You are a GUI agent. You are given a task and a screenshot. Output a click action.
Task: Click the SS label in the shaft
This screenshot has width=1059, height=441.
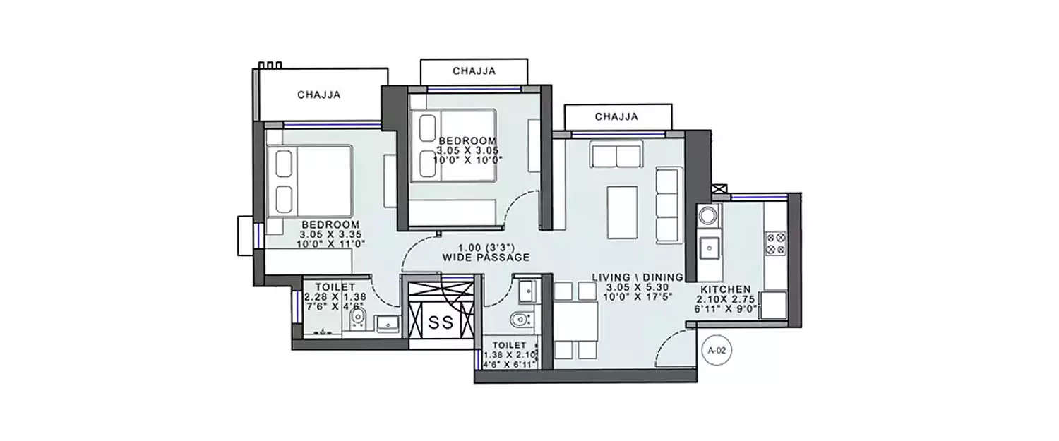pos(441,323)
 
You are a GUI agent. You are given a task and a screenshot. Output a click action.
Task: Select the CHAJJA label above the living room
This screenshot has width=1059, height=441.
pos(616,116)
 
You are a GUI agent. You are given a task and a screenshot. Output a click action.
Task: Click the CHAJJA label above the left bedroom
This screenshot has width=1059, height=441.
pos(319,95)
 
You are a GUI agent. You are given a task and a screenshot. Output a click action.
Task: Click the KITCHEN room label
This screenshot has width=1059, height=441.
pos(725,289)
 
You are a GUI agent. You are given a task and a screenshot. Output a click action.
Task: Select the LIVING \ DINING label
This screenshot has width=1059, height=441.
pos(638,277)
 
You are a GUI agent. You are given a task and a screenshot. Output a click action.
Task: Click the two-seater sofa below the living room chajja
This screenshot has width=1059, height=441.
pos(616,154)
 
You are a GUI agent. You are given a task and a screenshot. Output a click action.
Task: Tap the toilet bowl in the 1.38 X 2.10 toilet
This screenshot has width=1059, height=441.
pos(520,320)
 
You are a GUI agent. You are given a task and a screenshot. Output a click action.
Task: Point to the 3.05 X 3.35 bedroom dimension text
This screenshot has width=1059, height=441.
pos(325,234)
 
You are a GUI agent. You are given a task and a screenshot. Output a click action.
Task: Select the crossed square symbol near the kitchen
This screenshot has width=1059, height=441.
pos(719,189)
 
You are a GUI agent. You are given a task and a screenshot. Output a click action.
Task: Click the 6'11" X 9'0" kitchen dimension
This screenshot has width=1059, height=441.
pos(725,308)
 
